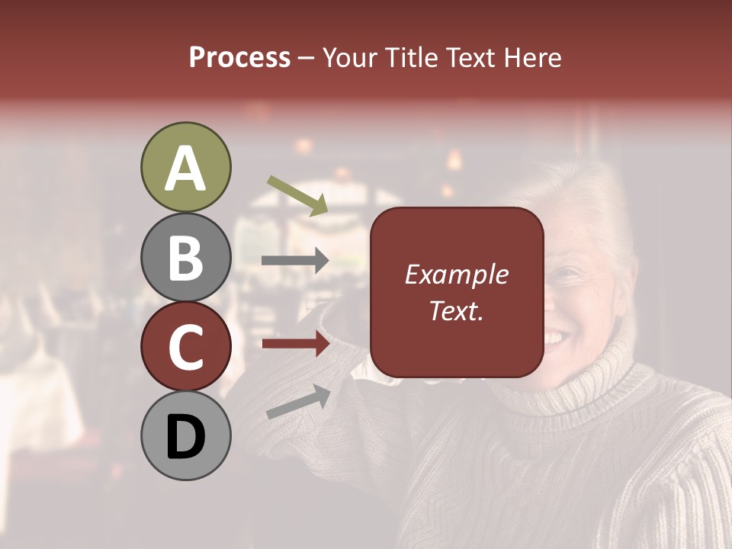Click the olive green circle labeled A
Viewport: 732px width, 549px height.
185,167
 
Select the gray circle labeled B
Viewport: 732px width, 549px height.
185,257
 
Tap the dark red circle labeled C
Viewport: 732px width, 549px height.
185,346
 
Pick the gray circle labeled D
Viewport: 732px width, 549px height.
185,435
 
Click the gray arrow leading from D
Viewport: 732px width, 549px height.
298,402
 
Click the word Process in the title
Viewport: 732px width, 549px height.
239,58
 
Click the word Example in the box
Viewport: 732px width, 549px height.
456,274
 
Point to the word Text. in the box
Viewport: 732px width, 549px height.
456,310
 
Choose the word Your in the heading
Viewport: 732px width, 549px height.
349,58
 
